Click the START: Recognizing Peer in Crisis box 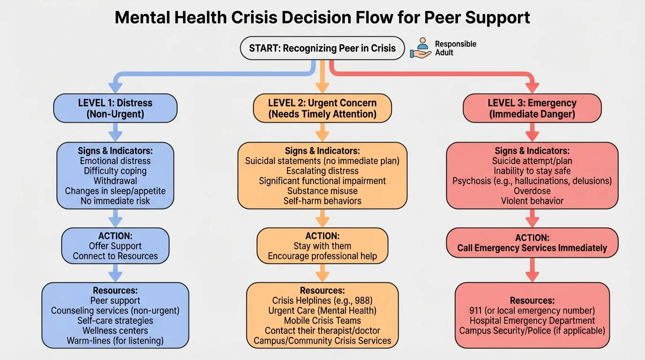pyautogui.click(x=322, y=48)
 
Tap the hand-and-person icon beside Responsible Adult pyautogui.click(x=421, y=48)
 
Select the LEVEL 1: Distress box pyautogui.click(x=115, y=108)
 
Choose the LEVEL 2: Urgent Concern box pyautogui.click(x=322, y=108)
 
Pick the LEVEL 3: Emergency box pyautogui.click(x=532, y=108)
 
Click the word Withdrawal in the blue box pyautogui.click(x=115, y=181)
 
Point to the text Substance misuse pyautogui.click(x=322, y=191)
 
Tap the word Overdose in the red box pyautogui.click(x=532, y=191)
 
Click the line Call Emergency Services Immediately pyautogui.click(x=532, y=248)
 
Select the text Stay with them pyautogui.click(x=322, y=246)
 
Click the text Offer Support pyautogui.click(x=115, y=246)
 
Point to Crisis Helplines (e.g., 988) pyautogui.click(x=322, y=300)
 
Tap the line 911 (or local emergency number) pyautogui.click(x=532, y=310)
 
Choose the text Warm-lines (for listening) pyautogui.click(x=115, y=341)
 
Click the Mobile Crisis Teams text pyautogui.click(x=322, y=321)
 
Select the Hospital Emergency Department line pyautogui.click(x=532, y=321)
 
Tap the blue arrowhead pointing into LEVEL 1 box pyautogui.click(x=115, y=87)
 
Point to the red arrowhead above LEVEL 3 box pyautogui.click(x=532, y=87)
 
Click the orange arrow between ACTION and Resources pyautogui.click(x=322, y=273)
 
